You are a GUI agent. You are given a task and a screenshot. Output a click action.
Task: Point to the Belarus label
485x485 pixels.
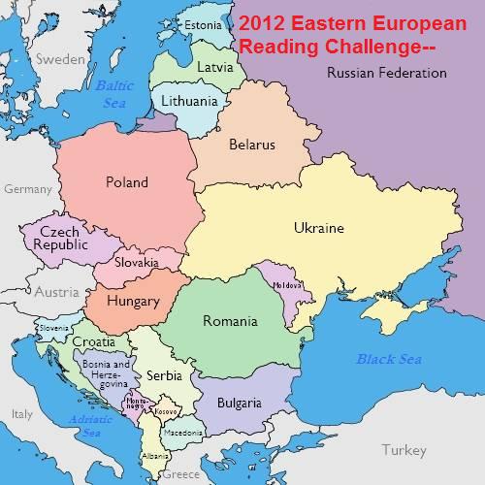click(x=252, y=145)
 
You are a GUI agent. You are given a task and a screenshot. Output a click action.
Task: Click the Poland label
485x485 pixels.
click(x=127, y=182)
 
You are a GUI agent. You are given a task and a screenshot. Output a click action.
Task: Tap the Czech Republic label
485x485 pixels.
click(x=60, y=239)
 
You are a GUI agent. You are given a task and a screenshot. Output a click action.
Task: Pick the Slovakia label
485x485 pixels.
click(x=136, y=262)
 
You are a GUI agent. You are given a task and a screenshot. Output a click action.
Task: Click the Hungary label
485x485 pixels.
click(x=133, y=301)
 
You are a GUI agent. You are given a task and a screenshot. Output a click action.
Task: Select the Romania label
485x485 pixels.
click(x=230, y=321)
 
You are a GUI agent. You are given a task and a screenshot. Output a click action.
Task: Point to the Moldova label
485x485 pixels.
click(x=288, y=285)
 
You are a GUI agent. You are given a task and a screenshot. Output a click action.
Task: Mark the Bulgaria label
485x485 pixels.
click(x=239, y=403)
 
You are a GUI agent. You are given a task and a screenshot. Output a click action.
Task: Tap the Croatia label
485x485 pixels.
click(x=94, y=342)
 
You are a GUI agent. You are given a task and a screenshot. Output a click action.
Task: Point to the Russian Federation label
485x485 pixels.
click(x=386, y=73)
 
